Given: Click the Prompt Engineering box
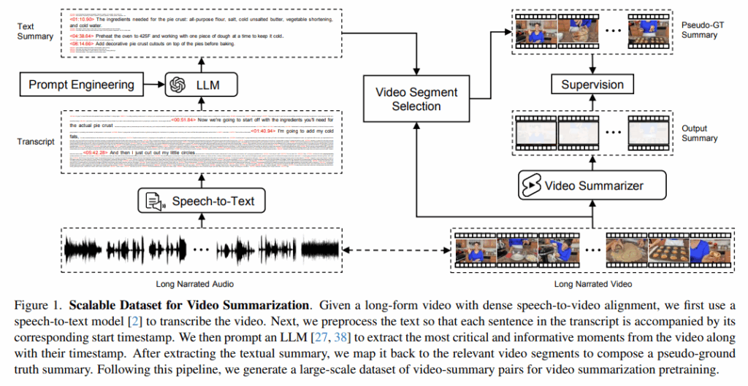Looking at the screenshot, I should tap(81, 85).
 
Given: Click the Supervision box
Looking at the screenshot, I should tap(592, 85).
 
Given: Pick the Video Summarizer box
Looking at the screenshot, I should tap(592, 185).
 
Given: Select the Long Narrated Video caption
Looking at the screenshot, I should tap(592, 283).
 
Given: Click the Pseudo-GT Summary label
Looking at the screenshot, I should tap(699, 30).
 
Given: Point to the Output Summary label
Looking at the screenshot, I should tap(699, 133).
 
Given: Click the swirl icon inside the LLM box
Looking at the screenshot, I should tap(176, 85).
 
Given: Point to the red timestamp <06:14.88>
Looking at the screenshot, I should tap(83, 44).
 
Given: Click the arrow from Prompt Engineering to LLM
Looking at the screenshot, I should tap(153, 85).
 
